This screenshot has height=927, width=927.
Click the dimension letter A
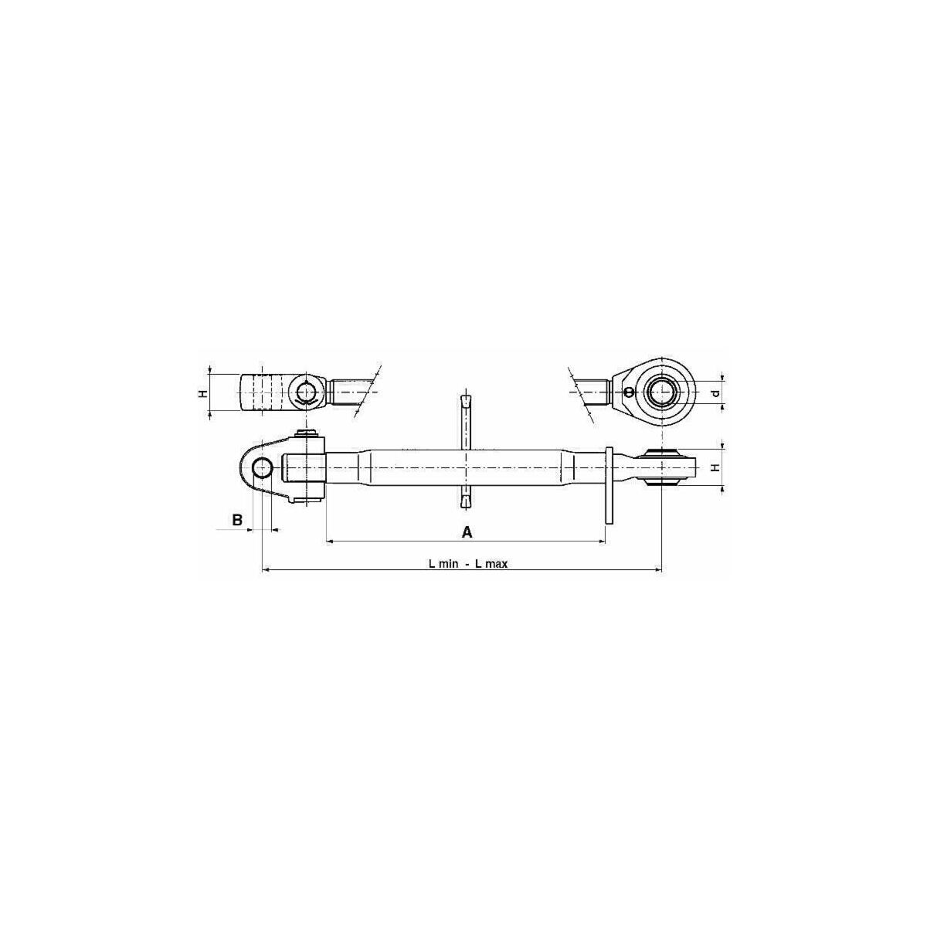(467, 532)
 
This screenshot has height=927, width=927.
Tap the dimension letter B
(237, 520)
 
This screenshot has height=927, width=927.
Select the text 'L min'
(443, 564)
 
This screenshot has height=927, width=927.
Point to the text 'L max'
(491, 564)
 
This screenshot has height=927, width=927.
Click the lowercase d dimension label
(716, 393)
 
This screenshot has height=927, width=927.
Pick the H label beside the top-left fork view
(203, 393)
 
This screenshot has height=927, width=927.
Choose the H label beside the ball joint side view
(716, 467)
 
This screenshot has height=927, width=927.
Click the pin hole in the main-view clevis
(262, 467)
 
